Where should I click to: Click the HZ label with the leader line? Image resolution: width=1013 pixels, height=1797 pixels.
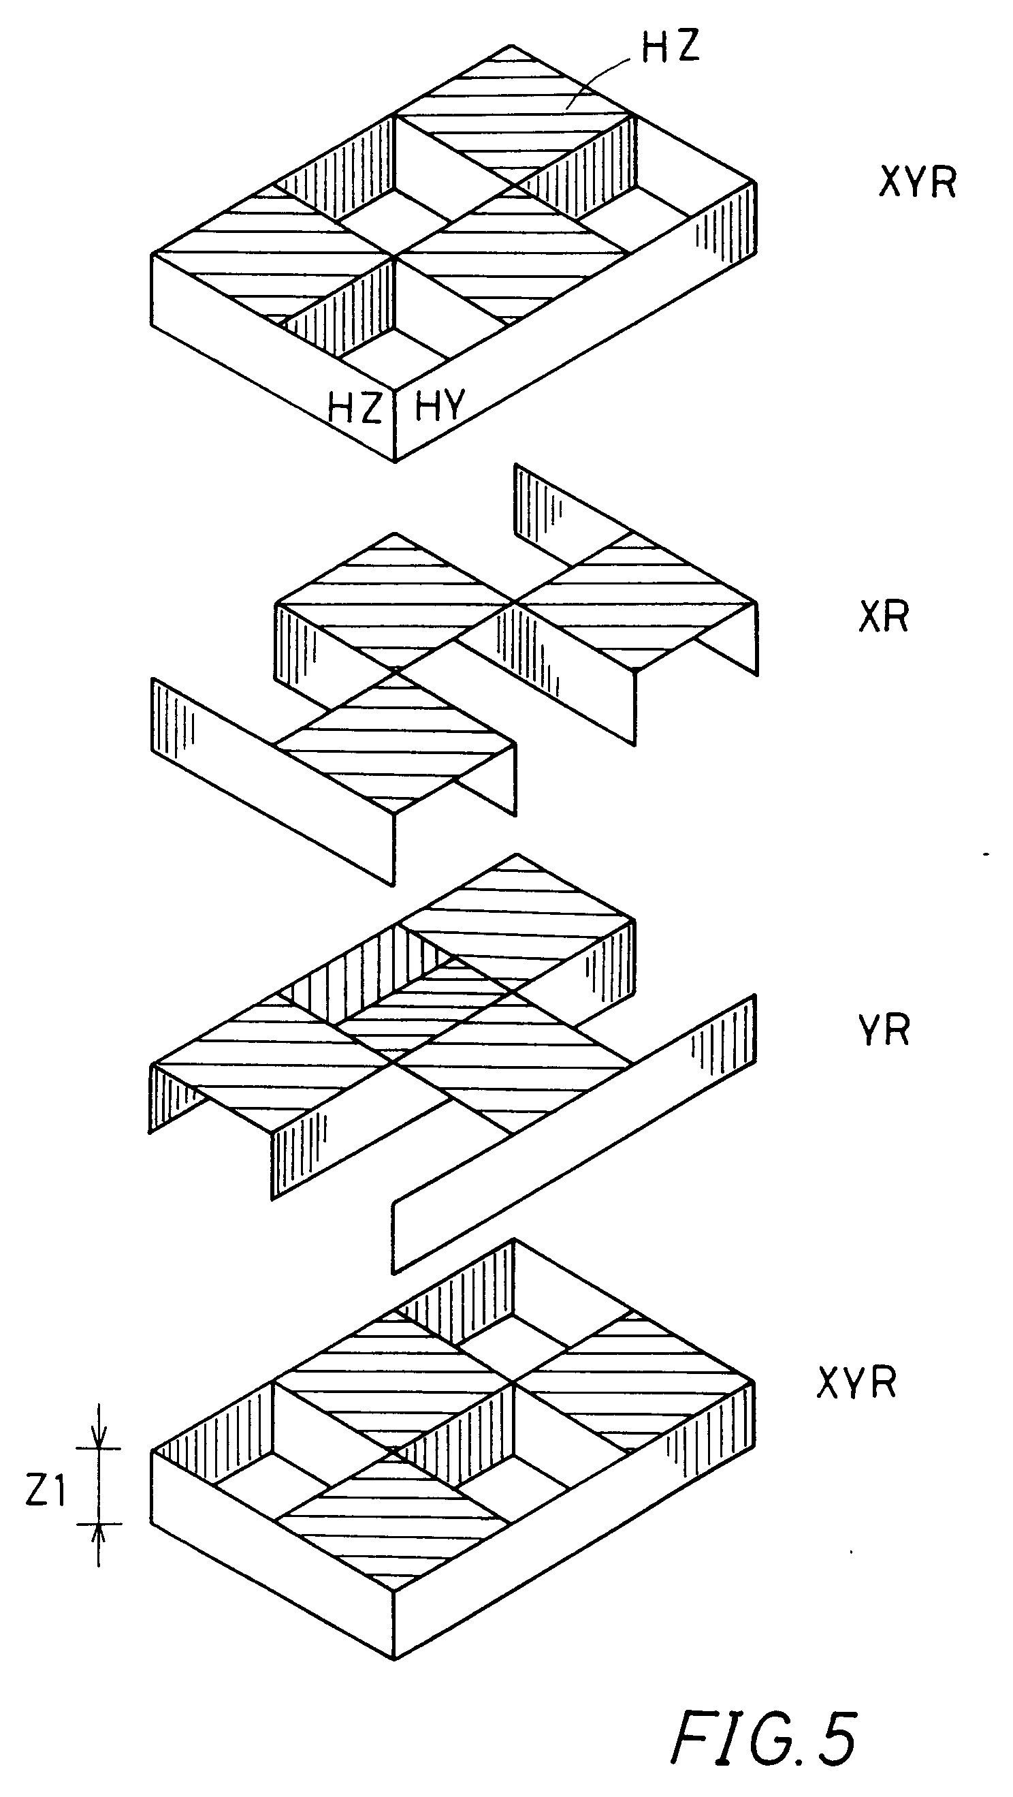[x=669, y=47]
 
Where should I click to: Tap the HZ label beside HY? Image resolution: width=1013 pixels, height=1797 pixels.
[x=355, y=406]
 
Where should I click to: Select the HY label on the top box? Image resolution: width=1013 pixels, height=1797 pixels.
[x=439, y=405]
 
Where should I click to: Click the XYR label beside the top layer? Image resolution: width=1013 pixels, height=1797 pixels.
[x=917, y=183]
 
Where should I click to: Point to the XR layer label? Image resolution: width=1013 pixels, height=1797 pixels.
[x=884, y=616]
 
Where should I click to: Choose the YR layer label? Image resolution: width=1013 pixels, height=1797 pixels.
[x=884, y=1031]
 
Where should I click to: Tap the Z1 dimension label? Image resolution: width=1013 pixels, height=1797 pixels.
[x=46, y=1491]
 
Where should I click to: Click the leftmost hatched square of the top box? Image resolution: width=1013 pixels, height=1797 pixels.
[x=272, y=253]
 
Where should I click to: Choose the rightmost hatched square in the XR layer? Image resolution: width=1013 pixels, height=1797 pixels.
[x=634, y=601]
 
